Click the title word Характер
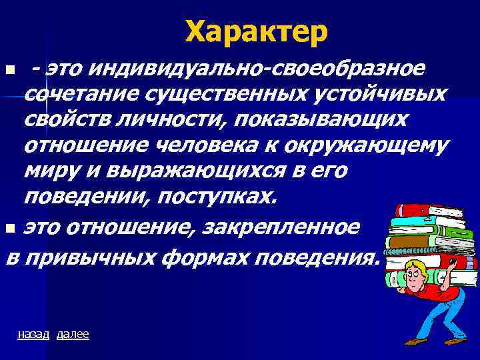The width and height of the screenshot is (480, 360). click(x=256, y=31)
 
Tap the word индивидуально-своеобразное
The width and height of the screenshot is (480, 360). click(x=257, y=68)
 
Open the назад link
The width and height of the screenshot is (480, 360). click(x=33, y=334)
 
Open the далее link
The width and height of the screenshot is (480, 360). click(x=73, y=334)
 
